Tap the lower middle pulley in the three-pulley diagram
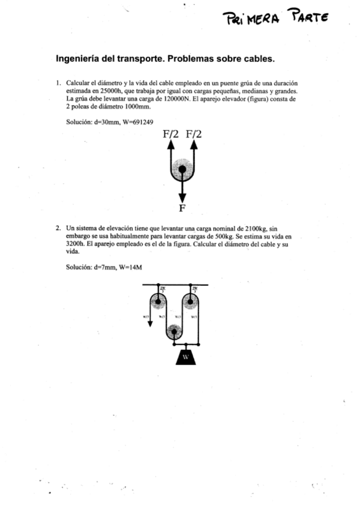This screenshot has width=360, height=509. coord(174,331)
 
